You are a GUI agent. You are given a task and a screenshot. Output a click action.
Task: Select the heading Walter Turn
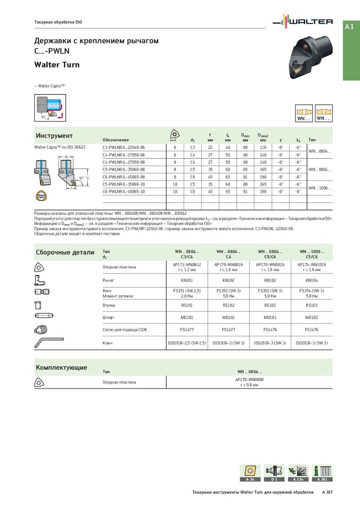[57, 65]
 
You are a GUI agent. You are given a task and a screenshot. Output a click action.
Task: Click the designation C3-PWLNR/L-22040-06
[124, 147]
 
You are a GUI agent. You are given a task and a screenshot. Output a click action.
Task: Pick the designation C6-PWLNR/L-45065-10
[124, 192]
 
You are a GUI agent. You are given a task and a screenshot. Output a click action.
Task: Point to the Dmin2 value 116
[263, 147]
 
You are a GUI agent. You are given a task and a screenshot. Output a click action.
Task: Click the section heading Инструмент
[54, 136]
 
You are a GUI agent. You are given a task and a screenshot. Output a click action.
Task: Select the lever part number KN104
[311, 280]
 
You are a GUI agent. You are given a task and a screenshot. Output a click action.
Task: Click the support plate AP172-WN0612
[187, 265]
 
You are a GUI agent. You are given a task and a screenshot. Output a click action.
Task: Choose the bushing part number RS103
[311, 305]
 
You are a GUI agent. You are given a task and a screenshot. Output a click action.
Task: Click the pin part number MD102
[311, 317]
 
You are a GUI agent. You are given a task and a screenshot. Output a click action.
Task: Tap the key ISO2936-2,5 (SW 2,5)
[187, 343]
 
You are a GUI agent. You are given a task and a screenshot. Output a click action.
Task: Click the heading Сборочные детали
[65, 252]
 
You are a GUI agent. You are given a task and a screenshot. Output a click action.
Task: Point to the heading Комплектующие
[61, 368]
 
